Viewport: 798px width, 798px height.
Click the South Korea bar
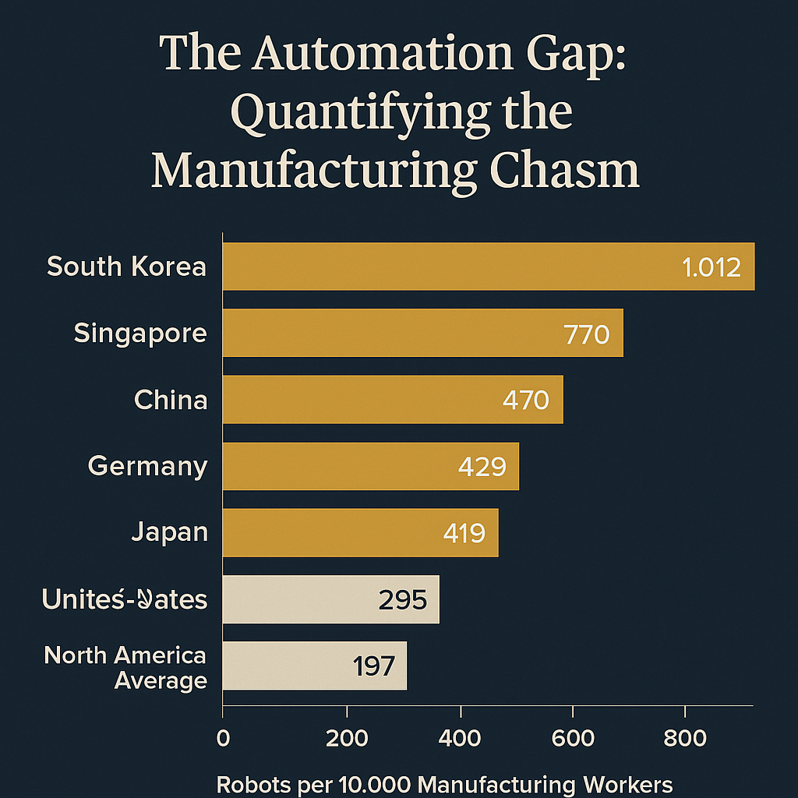coord(468,267)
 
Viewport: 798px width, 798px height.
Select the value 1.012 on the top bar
coord(711,267)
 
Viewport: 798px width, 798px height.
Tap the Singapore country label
coord(140,334)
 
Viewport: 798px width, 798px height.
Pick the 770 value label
coord(586,334)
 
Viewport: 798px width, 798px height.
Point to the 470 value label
coord(526,401)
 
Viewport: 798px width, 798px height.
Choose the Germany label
coord(147,466)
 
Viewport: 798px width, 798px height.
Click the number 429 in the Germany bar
coord(482,467)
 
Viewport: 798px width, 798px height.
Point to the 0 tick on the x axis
coord(224,737)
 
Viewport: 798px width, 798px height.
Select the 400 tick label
coord(461,737)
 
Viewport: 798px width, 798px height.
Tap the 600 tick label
coord(573,737)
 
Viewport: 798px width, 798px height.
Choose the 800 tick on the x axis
coord(684,737)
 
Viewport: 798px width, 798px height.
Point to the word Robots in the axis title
coord(249,784)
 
